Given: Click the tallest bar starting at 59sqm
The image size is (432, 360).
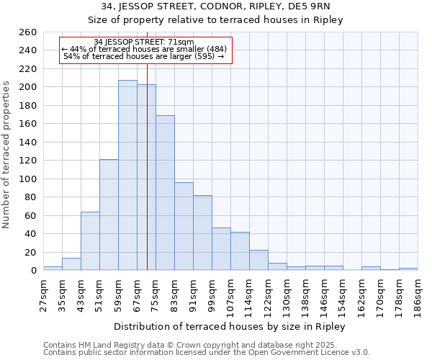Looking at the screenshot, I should (127, 175).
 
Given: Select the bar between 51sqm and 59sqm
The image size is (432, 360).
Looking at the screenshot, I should (109, 215).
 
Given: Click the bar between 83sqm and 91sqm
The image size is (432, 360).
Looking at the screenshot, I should (184, 226).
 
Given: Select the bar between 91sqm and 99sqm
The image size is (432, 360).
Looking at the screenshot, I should (202, 233).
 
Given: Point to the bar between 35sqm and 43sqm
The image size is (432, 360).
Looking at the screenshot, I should (71, 264).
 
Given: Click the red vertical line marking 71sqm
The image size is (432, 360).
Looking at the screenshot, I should (147, 180).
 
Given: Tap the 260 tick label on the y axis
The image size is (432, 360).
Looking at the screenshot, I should (28, 32).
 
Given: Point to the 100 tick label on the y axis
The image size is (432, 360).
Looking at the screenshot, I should (28, 179).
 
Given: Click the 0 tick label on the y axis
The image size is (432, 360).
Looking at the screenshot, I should (33, 271).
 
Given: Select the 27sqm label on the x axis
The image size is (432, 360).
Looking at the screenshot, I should (43, 293).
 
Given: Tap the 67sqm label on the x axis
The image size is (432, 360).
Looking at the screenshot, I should (137, 293).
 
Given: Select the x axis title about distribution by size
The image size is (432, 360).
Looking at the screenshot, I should (230, 327).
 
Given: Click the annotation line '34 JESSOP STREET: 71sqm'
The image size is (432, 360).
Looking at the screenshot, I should (144, 42).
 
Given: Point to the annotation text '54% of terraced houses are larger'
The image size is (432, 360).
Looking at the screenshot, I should (144, 56).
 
